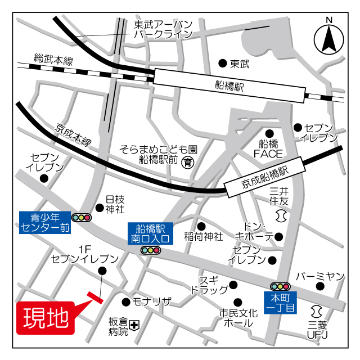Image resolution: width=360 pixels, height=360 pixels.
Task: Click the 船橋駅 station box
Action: click(229, 85)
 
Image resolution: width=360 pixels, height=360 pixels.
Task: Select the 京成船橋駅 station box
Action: click(265, 177)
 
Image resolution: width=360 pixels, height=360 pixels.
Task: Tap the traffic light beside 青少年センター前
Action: click(81, 217)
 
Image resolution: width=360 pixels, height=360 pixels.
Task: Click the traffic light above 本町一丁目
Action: click(280, 286)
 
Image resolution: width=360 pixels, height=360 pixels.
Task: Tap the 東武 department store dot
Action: click(223, 64)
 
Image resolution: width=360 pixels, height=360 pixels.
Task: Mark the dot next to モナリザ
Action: click(125, 301)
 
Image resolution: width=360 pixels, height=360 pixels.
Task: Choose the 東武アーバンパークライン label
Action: click(163, 29)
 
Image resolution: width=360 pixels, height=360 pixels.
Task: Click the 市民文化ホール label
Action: click(238, 318)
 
